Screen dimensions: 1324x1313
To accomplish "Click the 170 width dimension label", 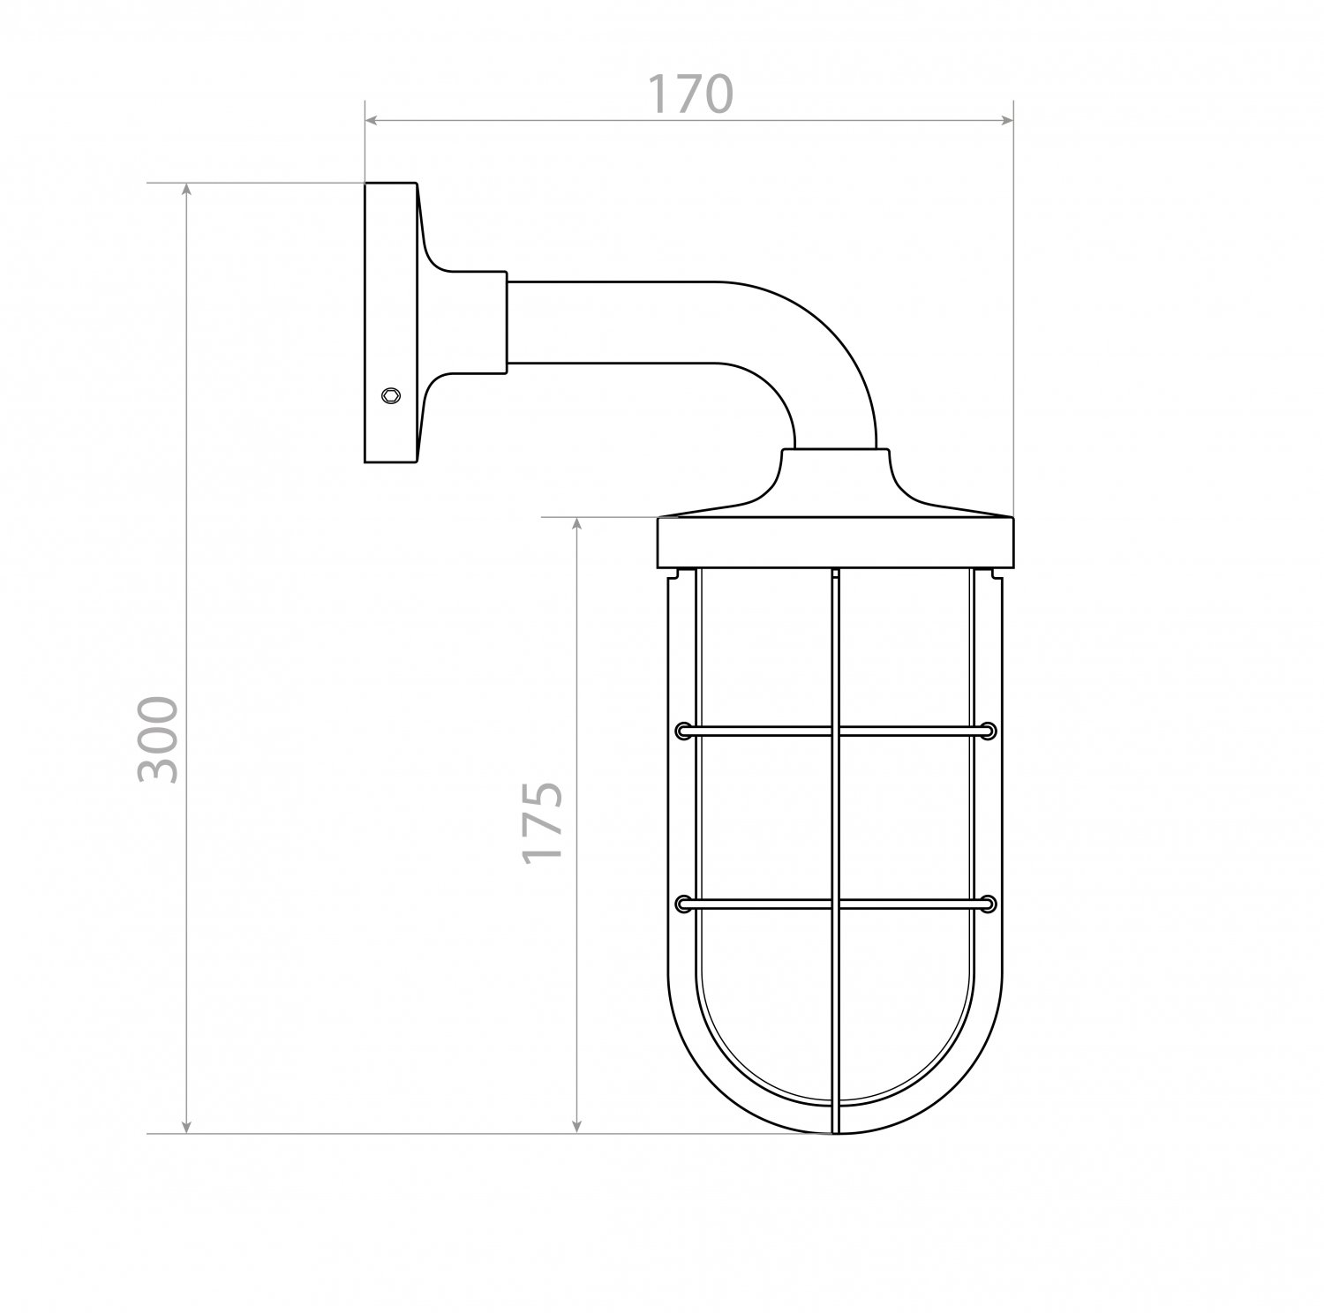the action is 690,94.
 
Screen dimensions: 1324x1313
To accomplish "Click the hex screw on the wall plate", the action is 388,395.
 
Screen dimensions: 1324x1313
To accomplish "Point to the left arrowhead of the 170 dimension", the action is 373,119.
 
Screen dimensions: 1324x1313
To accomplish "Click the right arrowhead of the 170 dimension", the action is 1004,119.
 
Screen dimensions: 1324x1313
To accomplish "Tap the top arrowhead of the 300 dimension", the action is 185,191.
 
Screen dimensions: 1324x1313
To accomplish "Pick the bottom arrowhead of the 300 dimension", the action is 185,1124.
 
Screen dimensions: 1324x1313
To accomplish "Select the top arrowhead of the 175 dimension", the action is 576,525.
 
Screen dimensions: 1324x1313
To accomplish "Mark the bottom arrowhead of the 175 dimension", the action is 576,1124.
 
